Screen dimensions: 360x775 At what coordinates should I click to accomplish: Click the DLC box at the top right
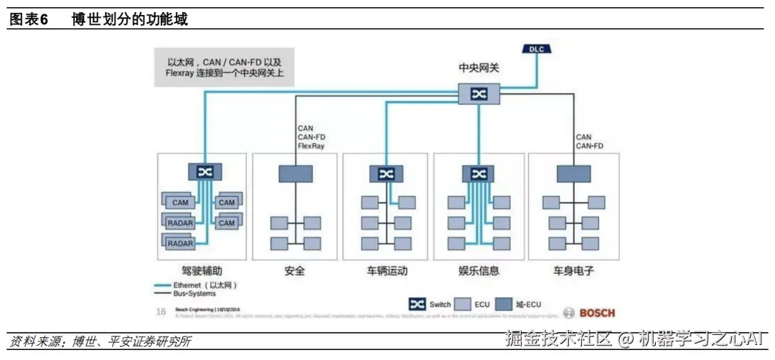(x=537, y=49)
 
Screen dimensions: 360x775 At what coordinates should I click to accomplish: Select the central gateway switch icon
(x=479, y=93)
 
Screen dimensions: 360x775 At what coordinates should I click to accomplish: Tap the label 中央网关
(x=479, y=67)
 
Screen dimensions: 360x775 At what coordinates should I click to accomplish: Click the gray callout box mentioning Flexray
(x=225, y=67)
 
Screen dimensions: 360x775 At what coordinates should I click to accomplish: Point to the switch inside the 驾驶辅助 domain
(x=205, y=172)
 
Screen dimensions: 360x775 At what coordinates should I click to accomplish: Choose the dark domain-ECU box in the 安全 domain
(x=295, y=173)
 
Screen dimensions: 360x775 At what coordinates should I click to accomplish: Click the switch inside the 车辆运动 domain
(x=386, y=174)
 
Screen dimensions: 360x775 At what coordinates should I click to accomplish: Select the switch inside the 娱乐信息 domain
(x=478, y=174)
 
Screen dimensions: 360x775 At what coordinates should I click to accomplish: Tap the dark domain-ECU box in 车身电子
(x=573, y=173)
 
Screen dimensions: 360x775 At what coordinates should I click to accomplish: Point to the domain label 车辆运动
(x=386, y=271)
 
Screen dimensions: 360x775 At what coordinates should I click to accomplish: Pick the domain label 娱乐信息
(x=479, y=271)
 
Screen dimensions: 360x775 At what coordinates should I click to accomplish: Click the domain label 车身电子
(x=573, y=271)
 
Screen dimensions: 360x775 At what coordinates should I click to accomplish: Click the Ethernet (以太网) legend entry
(x=195, y=285)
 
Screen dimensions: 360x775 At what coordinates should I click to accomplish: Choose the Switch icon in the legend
(x=417, y=304)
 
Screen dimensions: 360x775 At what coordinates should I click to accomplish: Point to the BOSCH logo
(x=590, y=313)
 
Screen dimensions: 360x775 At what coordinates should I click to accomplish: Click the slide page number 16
(x=161, y=311)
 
